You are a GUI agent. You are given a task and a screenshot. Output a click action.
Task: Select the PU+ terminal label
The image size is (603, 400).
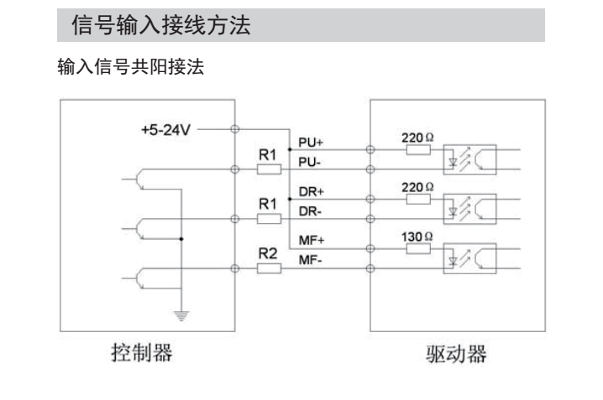311,143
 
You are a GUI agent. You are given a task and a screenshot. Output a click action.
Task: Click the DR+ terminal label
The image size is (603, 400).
311,192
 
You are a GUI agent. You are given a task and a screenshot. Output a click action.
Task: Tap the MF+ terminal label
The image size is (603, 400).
311,242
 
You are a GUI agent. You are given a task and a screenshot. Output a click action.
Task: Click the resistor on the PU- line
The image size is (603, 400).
268,169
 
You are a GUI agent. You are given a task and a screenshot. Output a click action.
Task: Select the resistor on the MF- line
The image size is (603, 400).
268,268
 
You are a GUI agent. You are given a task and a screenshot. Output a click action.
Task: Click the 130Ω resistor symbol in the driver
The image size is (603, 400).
418,249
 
